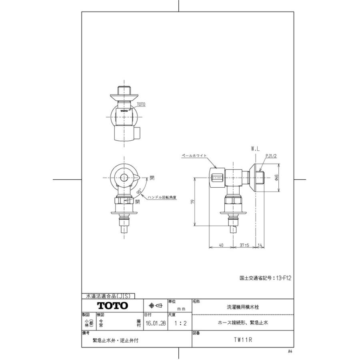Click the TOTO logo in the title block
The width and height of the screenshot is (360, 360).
pyautogui.click(x=113, y=306)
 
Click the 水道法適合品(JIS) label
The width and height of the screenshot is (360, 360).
pyautogui.click(x=108, y=296)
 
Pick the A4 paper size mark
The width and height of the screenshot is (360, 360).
pyautogui.click(x=290, y=351)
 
